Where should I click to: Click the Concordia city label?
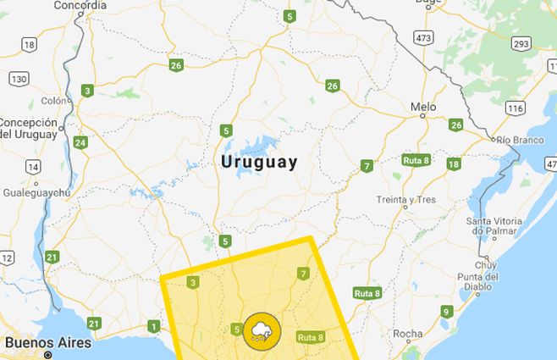[80, 5]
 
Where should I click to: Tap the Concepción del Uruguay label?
[30, 127]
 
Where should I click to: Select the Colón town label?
[52, 101]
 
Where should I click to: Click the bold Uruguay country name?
[259, 161]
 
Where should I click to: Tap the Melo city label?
[423, 107]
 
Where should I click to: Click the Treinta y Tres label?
[407, 201]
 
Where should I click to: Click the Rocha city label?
[409, 333]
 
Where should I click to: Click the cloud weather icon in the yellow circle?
[260, 331]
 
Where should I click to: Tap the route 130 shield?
[19, 78]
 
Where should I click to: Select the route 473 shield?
[424, 38]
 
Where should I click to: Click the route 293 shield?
[521, 44]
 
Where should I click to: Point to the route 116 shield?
[516, 108]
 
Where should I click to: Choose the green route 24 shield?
[80, 142]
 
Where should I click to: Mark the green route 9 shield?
[445, 312]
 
